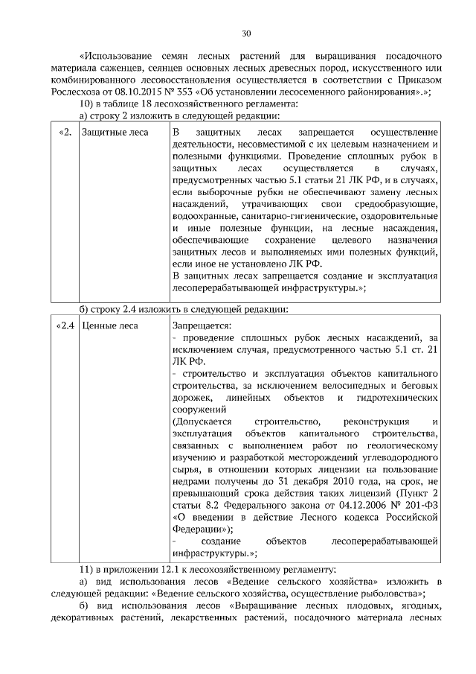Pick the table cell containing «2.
pyautogui.click(x=65, y=133)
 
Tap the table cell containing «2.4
pyautogui.click(x=66, y=325)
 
